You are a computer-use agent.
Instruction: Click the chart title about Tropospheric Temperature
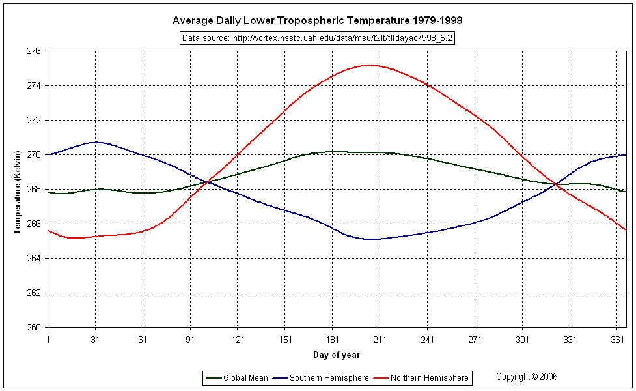[x=317, y=21]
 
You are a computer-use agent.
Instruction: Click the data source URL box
[x=317, y=38]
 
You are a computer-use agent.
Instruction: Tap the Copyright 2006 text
[x=527, y=377]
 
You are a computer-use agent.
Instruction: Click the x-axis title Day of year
[x=336, y=355]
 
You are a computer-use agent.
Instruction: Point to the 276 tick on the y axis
[x=34, y=51]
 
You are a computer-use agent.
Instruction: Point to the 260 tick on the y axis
[x=34, y=327]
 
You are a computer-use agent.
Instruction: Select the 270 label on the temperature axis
[x=34, y=154]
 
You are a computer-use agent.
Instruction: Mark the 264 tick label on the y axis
[x=34, y=258]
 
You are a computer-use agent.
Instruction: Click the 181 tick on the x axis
[x=333, y=340]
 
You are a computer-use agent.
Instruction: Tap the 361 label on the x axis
[x=617, y=340]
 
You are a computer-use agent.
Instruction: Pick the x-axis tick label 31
[x=95, y=340]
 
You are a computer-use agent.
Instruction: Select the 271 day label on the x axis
[x=475, y=340]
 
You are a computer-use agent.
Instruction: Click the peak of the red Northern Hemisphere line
[x=369, y=65]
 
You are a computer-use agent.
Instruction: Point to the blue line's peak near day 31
[x=96, y=142]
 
